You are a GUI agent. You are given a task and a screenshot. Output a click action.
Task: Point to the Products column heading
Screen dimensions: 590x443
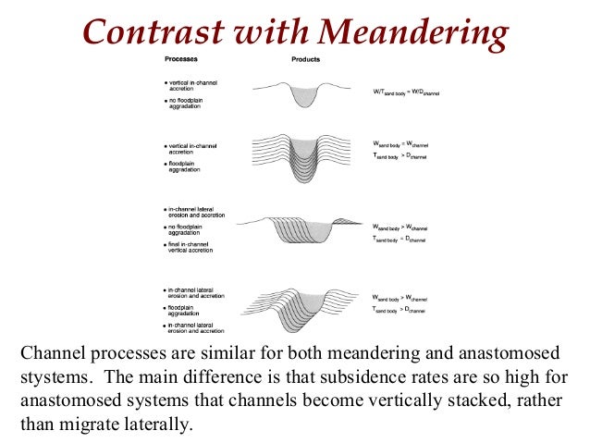[306, 58]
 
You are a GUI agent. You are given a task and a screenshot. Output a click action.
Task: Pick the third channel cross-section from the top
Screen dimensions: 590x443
[305, 227]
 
